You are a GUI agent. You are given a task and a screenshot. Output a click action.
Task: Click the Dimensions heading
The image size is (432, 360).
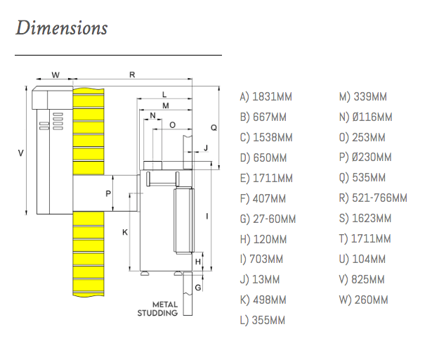pyautogui.click(x=61, y=28)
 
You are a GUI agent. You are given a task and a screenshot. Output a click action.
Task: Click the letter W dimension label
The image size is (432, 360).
pyautogui.click(x=55, y=74)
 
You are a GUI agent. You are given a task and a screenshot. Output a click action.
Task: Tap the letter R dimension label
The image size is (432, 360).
pyautogui.click(x=132, y=74)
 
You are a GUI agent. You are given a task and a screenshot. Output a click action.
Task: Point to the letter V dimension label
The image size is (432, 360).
pyautogui.click(x=20, y=153)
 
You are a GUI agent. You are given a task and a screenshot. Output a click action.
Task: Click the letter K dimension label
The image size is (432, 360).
pyautogui.click(x=125, y=231)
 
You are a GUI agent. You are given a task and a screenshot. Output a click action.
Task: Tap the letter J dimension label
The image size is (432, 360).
pyautogui.click(x=206, y=148)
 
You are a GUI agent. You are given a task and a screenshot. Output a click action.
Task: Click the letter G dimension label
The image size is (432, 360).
pyautogui.click(x=199, y=287)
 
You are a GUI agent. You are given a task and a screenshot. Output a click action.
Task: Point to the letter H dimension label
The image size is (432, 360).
pyautogui.click(x=199, y=262)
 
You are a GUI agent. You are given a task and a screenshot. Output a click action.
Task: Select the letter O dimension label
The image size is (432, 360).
pyautogui.click(x=173, y=124)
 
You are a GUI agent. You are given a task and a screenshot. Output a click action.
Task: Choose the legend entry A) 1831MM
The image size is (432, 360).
pyautogui.click(x=266, y=97)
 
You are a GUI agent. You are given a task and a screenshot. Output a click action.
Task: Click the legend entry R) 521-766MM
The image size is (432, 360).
pyautogui.click(x=373, y=198)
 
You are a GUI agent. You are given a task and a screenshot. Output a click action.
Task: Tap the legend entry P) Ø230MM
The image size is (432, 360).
pyautogui.click(x=365, y=157)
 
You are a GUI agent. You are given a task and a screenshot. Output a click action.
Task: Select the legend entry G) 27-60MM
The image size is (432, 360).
pyautogui.click(x=268, y=219)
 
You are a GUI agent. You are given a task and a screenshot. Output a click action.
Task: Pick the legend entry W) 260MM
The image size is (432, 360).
pyautogui.click(x=363, y=300)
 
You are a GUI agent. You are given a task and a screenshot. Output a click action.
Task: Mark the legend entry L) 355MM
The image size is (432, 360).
pyautogui.click(x=263, y=321)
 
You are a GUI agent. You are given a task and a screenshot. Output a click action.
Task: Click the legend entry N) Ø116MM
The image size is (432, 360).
pyautogui.click(x=365, y=117)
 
